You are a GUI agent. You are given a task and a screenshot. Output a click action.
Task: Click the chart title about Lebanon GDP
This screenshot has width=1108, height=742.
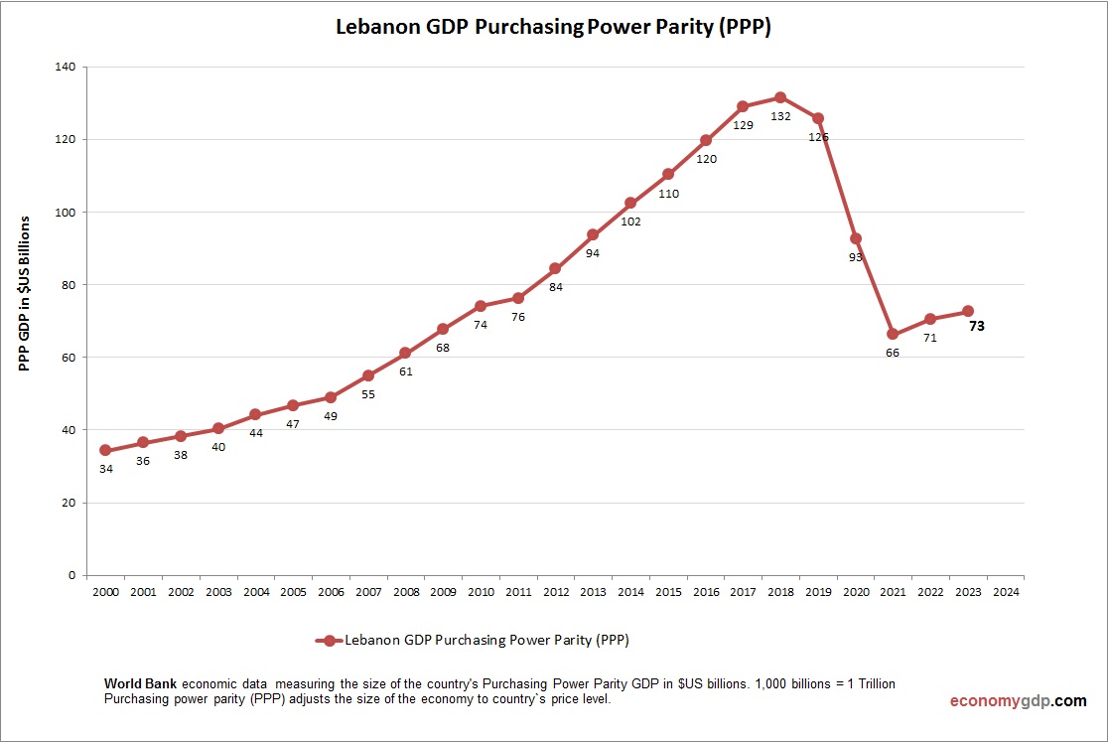coord(553,28)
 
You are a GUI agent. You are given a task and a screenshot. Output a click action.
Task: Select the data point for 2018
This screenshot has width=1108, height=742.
coord(780,97)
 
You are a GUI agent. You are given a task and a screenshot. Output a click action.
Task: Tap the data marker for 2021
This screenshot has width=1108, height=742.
coord(893,334)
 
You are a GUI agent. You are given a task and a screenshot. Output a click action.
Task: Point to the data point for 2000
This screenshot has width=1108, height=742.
coord(105,450)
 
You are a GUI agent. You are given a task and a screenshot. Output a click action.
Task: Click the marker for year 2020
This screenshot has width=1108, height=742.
coord(855,238)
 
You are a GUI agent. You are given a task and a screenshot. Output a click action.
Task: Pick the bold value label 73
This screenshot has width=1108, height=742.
coord(976,326)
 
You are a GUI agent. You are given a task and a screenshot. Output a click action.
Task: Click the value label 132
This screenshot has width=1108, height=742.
coord(780,116)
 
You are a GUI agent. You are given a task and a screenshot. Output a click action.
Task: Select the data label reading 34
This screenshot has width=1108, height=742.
coord(105,469)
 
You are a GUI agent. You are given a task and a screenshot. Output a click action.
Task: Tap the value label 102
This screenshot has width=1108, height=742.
coord(630,222)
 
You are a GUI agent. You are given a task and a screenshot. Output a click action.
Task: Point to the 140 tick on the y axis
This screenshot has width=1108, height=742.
coord(65,67)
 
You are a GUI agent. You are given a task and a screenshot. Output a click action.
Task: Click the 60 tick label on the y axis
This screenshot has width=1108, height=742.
coord(69,358)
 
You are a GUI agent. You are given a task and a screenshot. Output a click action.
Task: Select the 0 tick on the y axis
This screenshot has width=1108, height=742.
coord(71,575)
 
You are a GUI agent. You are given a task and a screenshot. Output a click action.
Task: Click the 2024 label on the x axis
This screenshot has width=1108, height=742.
coord(1005,592)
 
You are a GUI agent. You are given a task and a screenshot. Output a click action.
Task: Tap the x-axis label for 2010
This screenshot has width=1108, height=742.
coord(481,592)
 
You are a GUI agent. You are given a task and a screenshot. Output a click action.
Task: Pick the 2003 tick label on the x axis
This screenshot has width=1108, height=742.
coord(217,592)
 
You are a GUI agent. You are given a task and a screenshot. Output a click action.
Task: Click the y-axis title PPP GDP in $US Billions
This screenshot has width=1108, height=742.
coord(25,293)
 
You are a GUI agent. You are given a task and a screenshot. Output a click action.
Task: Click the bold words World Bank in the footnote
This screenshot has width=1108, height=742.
coord(141,684)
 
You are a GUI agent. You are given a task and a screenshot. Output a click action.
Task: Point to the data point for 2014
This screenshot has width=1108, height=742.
coord(630,203)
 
